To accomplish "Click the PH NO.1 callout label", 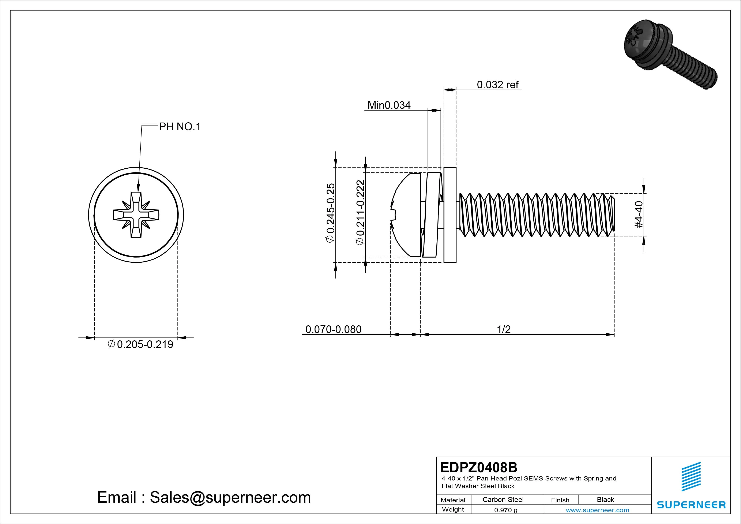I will [180, 127].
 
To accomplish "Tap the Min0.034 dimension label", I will [389, 105].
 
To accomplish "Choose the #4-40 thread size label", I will [639, 214].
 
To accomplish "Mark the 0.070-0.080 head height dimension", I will [333, 329].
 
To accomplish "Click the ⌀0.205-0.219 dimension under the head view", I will [141, 344].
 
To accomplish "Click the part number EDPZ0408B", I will [479, 467].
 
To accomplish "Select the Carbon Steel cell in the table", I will [503, 499].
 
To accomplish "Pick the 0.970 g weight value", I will [506, 510].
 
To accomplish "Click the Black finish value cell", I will [605, 499].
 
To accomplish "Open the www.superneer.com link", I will [597, 510].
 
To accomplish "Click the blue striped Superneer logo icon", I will [691, 476].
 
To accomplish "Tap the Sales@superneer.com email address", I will [230, 497].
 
